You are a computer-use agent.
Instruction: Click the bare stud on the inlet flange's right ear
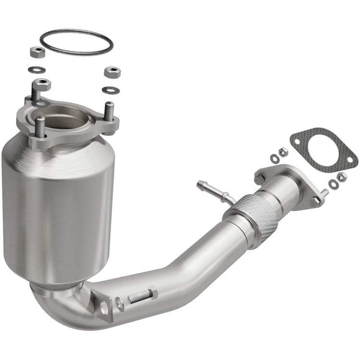click(110, 112)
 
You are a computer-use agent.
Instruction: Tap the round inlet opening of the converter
click(74, 116)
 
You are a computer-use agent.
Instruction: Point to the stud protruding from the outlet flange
click(323, 194)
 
